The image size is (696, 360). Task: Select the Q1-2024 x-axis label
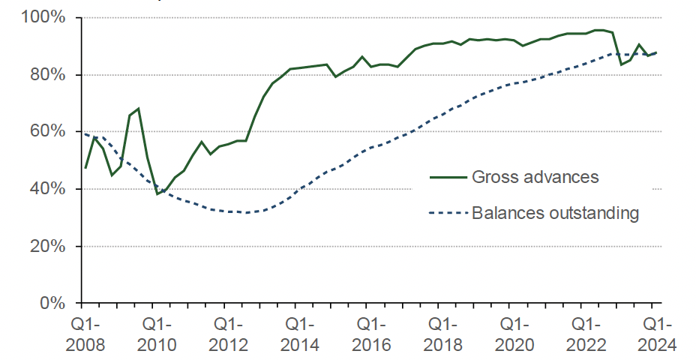654,334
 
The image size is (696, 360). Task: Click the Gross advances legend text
535,178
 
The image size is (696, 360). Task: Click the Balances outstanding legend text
555,213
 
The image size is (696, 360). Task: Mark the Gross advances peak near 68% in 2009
139,109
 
